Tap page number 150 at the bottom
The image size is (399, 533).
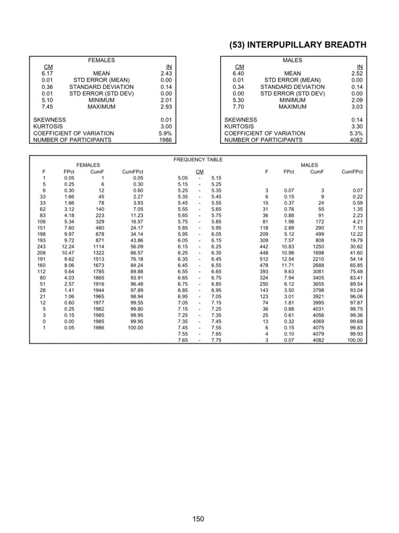[x=199, y=519]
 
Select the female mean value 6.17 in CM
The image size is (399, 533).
[x=47, y=74]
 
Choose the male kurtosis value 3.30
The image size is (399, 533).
[x=356, y=126]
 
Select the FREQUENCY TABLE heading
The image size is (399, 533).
[x=198, y=159]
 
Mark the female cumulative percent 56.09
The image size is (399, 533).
[x=137, y=246]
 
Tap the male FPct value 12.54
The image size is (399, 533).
[x=288, y=259]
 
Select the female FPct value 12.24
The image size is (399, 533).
[x=68, y=246]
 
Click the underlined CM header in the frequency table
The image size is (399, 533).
[x=199, y=172]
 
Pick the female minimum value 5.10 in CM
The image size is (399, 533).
[x=47, y=100]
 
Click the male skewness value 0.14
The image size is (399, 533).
[x=357, y=120]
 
